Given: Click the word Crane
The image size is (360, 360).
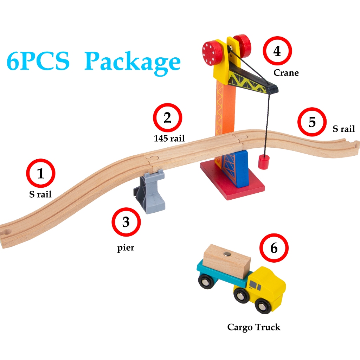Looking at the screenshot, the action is [x=286, y=73].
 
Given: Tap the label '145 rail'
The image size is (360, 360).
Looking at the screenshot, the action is [x=169, y=138].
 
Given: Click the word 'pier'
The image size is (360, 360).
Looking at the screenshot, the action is [x=126, y=248].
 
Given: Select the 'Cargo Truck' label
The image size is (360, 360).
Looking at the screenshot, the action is [x=254, y=327].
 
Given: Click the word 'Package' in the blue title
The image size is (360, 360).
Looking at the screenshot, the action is [x=133, y=63].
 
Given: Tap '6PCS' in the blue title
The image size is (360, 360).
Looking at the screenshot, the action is [x=38, y=61].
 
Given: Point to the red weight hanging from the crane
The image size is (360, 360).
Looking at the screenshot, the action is [x=263, y=162].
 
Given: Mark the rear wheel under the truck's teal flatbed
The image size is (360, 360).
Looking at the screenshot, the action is [x=205, y=281].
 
